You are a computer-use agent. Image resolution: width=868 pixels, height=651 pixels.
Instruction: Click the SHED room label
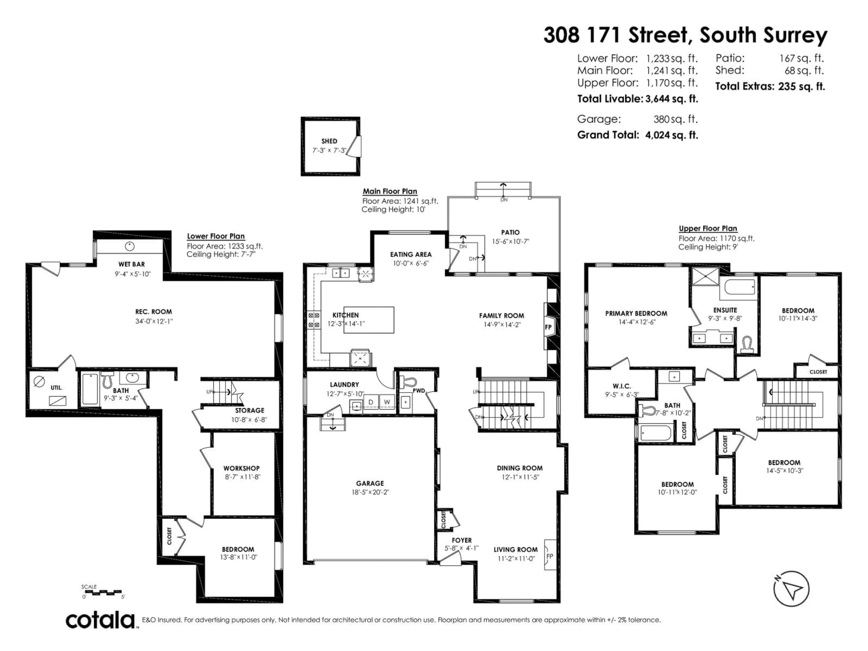329,141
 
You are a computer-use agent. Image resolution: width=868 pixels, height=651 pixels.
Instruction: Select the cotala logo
100,621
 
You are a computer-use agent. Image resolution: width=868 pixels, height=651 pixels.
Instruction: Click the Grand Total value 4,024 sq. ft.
671,135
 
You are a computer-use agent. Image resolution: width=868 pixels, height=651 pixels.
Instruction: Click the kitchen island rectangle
369,320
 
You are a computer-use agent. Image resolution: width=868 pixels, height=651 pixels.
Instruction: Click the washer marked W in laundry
387,402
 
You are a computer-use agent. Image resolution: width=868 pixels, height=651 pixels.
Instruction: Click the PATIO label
510,232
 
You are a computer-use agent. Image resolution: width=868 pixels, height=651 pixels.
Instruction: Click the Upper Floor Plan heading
708,228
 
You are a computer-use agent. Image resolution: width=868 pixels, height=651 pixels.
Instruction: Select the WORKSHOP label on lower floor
241,468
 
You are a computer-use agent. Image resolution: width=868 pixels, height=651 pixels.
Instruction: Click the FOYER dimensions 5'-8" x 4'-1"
462,548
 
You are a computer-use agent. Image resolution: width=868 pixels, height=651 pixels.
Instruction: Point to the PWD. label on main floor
419,390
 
